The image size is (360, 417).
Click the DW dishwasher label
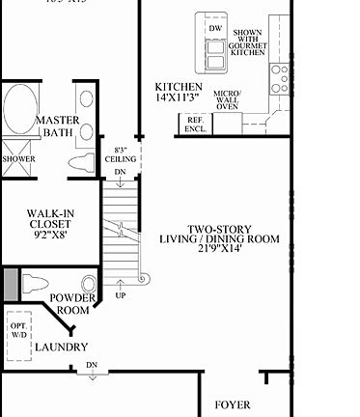point(215,28)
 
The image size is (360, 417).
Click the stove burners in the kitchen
point(281,72)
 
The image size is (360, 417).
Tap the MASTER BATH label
point(57,126)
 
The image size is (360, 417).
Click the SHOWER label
point(18,158)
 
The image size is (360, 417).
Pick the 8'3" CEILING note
point(120,154)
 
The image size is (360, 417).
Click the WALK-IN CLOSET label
point(49,218)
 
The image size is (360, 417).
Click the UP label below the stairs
point(120,293)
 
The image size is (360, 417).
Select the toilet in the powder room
point(35,284)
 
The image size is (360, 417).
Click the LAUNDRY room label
point(62,347)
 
